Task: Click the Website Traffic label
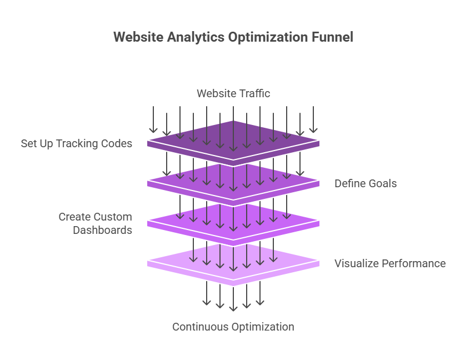pos(233,93)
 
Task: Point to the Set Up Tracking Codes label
pos(77,143)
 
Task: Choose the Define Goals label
pos(366,183)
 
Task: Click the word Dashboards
pos(103,229)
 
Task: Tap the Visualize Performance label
pos(390,263)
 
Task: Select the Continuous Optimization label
pos(233,327)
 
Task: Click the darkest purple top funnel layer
pos(233,139)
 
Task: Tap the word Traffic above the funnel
pos(254,93)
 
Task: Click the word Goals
pos(383,183)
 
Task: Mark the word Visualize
pos(355,263)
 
